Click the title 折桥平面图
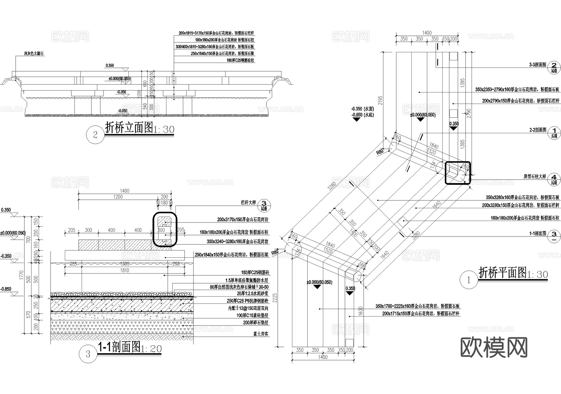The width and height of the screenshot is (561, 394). pos(502,273)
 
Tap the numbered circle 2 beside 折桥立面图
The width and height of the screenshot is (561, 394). pos(95,135)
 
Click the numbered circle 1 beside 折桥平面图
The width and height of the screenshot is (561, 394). pos(469,280)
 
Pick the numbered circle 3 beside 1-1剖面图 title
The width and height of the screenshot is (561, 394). pos(88,354)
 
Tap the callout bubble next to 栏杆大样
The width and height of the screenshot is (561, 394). pos(264,204)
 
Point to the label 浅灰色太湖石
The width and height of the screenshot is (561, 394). pos(34,54)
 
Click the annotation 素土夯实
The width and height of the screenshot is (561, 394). pos(261,334)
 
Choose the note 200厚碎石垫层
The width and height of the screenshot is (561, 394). pos(256,323)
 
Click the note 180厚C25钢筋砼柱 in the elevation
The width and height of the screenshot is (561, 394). pos(241,60)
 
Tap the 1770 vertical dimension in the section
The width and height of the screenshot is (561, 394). pos(21,274)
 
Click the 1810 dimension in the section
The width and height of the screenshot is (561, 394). pos(124,270)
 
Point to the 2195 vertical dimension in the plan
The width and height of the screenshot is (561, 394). pos(380,101)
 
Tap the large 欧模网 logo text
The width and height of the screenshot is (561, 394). pos(494,347)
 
